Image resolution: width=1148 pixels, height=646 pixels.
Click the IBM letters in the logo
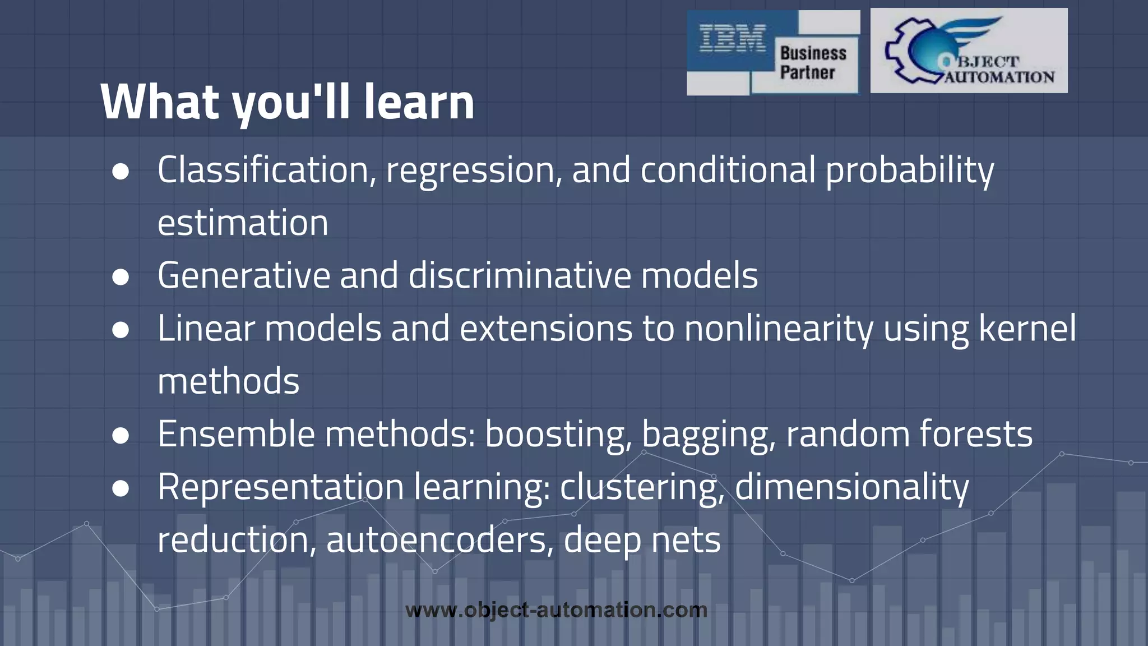[x=733, y=39]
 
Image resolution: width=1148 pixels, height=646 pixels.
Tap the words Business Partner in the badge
[x=812, y=63]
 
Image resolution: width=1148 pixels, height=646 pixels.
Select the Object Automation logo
[x=969, y=50]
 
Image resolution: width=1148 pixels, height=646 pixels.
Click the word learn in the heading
[x=419, y=102]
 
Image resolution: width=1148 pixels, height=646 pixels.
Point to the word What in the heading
[x=160, y=102]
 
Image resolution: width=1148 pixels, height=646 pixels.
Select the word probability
[x=909, y=171]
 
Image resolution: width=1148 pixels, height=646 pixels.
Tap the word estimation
[x=243, y=223]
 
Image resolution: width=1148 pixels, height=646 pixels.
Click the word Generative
[x=243, y=276]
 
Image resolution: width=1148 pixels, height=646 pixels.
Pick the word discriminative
[x=519, y=276]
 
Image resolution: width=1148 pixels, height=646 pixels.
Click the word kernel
[x=1027, y=329]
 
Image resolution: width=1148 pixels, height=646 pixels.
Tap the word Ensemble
[x=236, y=435]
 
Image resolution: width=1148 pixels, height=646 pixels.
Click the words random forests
[x=909, y=435]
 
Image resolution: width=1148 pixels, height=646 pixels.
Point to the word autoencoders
[x=436, y=541]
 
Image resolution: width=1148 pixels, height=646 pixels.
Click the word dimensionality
[x=851, y=487]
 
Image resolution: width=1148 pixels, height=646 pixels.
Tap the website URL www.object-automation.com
[x=556, y=610]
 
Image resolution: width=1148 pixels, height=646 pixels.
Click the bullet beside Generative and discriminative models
[x=121, y=277]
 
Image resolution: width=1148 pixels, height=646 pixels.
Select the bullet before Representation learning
[x=121, y=488]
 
